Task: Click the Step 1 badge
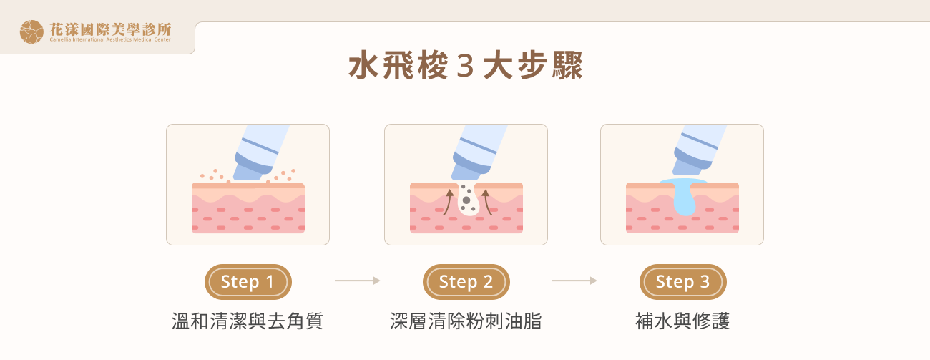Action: click(x=248, y=282)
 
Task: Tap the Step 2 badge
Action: click(x=466, y=282)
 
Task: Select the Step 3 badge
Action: click(x=682, y=282)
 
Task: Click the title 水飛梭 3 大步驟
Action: click(x=466, y=67)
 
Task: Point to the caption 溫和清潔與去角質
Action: click(x=248, y=321)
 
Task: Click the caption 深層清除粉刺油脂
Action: click(x=466, y=321)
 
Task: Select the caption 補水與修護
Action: click(x=682, y=321)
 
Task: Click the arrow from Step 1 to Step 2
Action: click(x=357, y=281)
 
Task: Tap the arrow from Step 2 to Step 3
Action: click(x=574, y=281)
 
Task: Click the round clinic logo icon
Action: click(x=31, y=31)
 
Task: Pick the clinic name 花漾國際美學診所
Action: click(x=110, y=28)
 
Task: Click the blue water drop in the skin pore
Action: click(x=685, y=200)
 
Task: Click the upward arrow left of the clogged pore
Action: click(x=449, y=201)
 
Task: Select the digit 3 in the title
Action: click(x=465, y=67)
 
